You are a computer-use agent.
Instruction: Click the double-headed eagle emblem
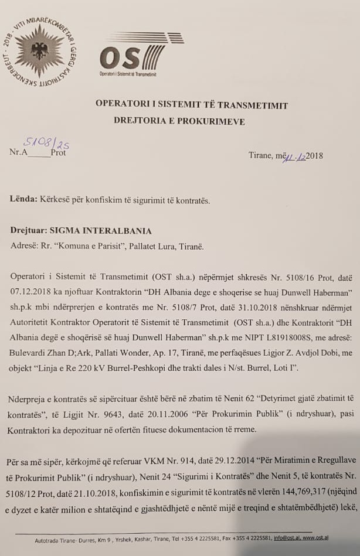coord(39,50)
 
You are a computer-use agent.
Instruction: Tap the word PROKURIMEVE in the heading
coord(212,122)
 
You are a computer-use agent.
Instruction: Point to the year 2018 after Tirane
coord(314,156)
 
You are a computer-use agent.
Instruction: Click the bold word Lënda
coord(22,199)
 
